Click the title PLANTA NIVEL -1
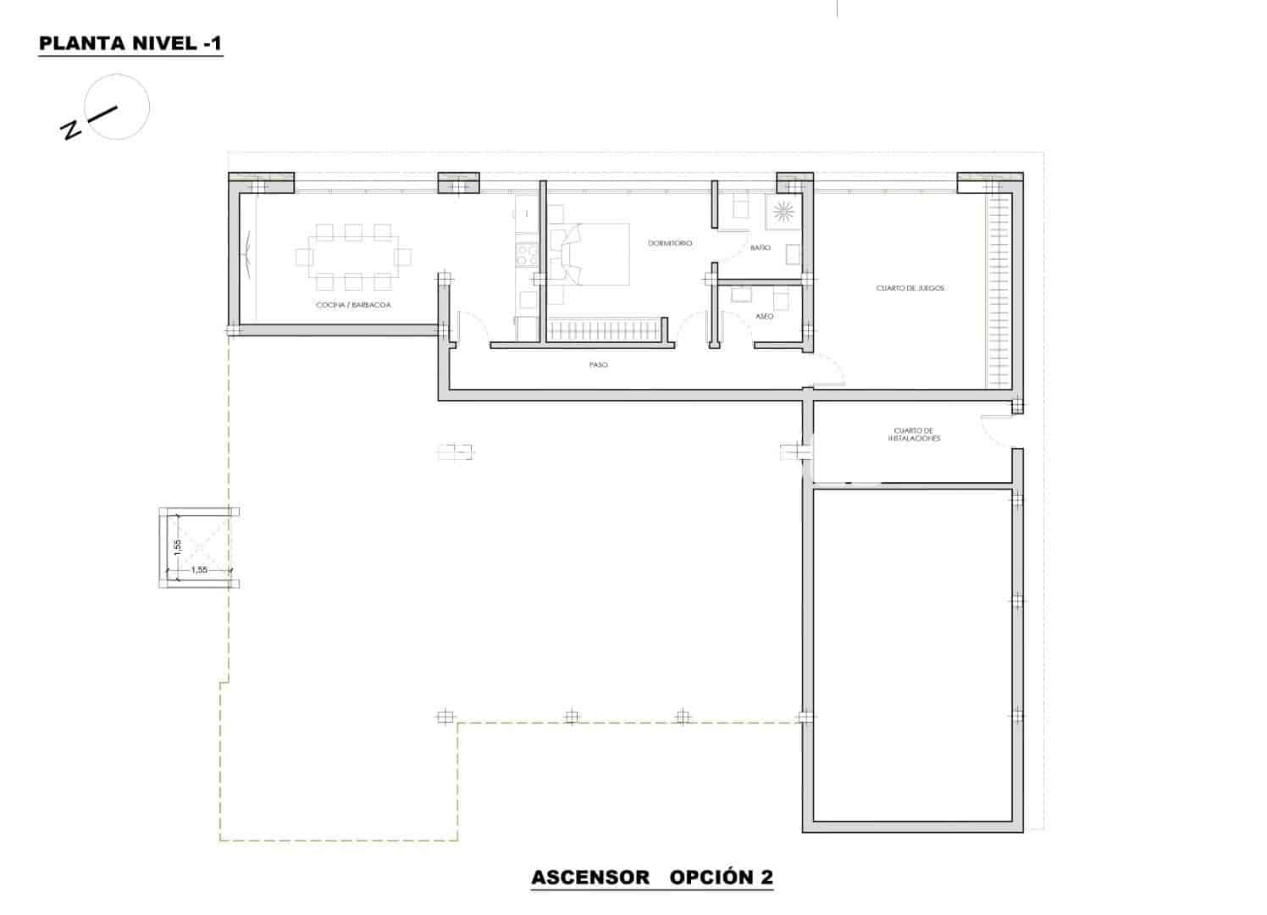(x=130, y=44)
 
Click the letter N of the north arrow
(x=71, y=130)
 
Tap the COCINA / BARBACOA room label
(x=353, y=305)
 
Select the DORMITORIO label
(x=670, y=243)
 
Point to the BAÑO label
(x=760, y=248)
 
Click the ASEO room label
(x=763, y=316)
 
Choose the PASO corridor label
(x=599, y=365)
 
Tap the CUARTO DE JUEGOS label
(x=910, y=288)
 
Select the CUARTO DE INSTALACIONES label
(x=914, y=435)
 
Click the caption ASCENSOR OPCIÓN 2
(x=652, y=878)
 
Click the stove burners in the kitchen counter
(x=526, y=255)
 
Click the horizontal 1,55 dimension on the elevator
(x=199, y=570)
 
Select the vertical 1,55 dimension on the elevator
(x=178, y=547)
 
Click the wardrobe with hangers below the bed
(x=603, y=330)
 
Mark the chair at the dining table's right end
(x=403, y=256)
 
